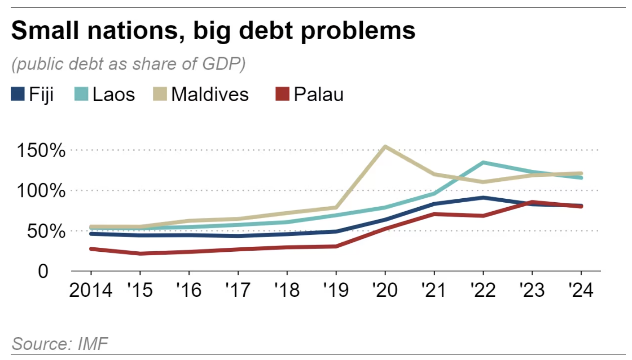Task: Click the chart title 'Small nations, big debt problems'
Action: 213,31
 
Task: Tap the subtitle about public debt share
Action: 128,65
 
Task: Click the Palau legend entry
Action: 310,94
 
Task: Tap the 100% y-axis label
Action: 41,191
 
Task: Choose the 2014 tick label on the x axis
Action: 91,290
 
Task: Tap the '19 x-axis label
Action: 336,290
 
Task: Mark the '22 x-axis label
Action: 483,290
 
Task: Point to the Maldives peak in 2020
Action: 385,147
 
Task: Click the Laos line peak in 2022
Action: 483,163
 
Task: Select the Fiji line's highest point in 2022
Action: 483,197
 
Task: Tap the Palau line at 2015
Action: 140,254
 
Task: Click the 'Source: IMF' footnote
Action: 60,344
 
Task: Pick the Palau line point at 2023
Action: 532,202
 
